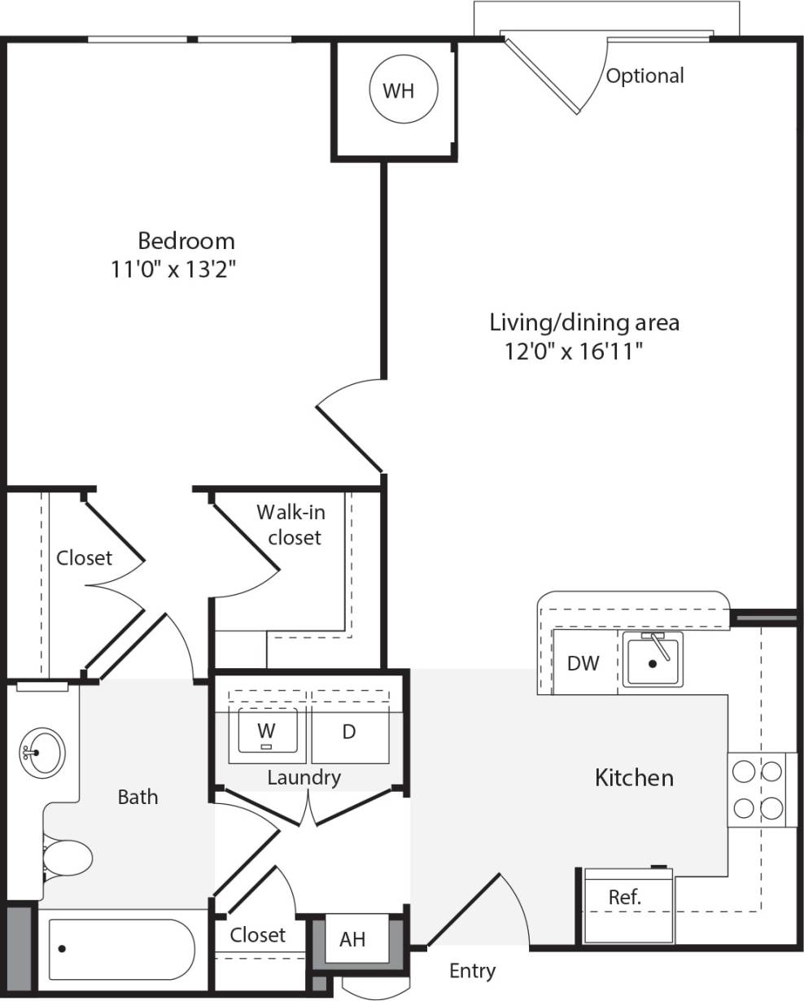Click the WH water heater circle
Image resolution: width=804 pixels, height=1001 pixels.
[x=398, y=90]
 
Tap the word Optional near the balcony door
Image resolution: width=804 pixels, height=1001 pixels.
[x=645, y=76]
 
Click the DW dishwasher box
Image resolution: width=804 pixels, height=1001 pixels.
[x=583, y=662]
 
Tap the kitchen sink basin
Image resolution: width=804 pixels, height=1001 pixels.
[x=653, y=661]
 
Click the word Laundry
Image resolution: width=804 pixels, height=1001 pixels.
[x=304, y=777]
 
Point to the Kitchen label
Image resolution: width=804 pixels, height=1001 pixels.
[x=634, y=777]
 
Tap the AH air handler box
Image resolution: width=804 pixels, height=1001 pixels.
[x=352, y=939]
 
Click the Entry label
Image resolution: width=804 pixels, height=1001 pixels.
[x=472, y=970]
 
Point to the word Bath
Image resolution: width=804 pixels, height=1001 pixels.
[x=138, y=797]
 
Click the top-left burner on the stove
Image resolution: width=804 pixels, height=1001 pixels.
[x=744, y=771]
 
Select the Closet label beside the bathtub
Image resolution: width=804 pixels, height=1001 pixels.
[x=257, y=935]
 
